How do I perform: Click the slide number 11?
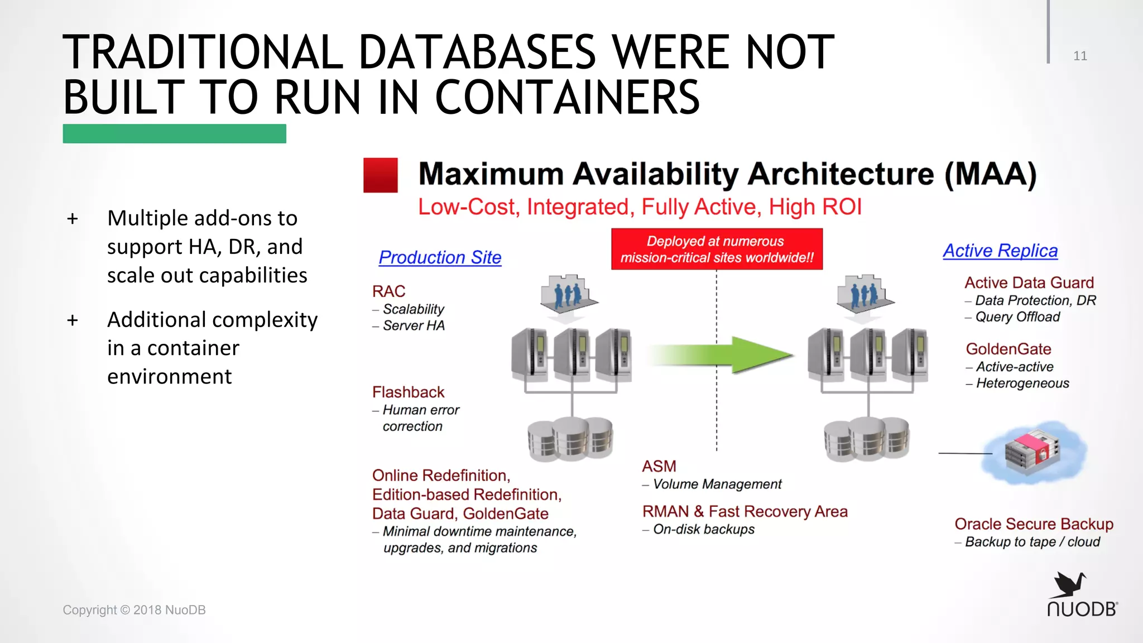(1080, 56)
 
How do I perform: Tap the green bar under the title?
(174, 134)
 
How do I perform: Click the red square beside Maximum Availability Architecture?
(380, 175)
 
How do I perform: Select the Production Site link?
(440, 257)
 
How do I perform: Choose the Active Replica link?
(1000, 251)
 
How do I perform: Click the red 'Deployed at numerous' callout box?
(717, 249)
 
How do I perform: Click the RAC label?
(388, 291)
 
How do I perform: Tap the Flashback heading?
(408, 392)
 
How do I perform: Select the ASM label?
(659, 466)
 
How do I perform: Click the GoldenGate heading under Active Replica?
(1008, 349)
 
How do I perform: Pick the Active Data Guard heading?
(1029, 282)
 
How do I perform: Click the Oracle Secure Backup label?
(1034, 524)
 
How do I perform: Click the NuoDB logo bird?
(1069, 584)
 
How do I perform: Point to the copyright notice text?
(134, 610)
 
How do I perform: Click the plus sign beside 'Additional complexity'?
(73, 320)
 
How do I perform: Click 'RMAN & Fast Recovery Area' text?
(745, 511)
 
